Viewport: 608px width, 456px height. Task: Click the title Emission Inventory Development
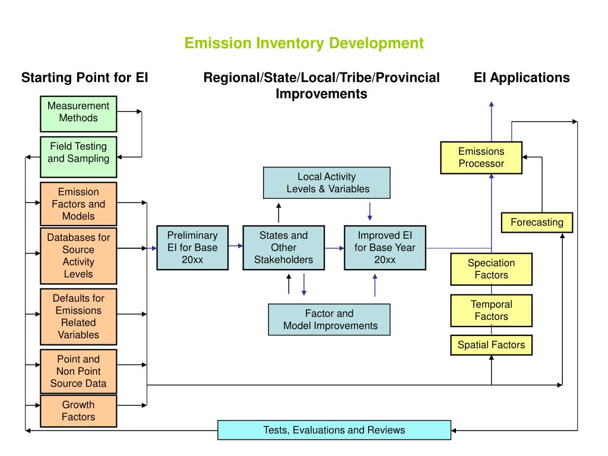(303, 43)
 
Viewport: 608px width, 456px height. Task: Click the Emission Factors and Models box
(78, 204)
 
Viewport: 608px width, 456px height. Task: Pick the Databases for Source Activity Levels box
(78, 255)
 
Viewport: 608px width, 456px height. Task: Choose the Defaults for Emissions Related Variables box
(78, 316)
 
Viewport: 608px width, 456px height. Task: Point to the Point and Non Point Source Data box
(78, 371)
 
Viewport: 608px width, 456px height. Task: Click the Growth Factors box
(78, 411)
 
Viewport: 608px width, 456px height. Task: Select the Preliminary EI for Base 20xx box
(192, 248)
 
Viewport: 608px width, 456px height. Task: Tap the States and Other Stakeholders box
(284, 248)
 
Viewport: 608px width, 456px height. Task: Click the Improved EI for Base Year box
(385, 248)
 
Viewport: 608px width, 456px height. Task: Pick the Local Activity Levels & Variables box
(327, 183)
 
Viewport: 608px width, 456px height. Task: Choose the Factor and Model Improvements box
(330, 319)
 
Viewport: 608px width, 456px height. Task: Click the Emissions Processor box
(481, 157)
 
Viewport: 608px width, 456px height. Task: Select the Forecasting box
(537, 223)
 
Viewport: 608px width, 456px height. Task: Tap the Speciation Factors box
(491, 269)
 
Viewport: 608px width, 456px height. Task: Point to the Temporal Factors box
(491, 311)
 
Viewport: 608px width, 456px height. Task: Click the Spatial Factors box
(491, 345)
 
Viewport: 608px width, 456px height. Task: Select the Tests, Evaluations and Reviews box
(334, 430)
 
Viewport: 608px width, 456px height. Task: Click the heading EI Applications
(521, 78)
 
